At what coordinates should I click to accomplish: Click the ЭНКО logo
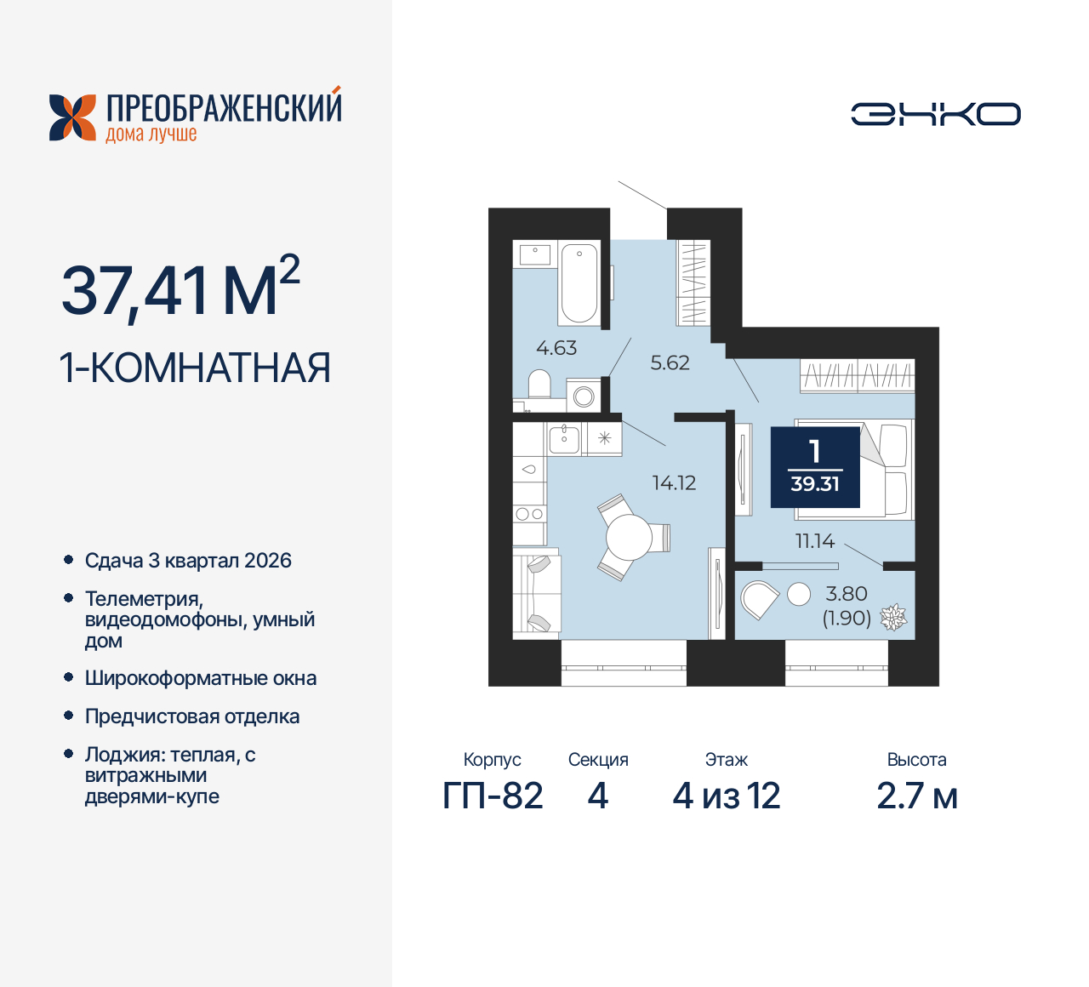pos(935,114)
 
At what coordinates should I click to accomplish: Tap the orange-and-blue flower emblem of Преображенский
pos(72,117)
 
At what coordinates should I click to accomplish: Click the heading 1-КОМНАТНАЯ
pos(195,368)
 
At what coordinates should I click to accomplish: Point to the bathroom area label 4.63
pos(556,348)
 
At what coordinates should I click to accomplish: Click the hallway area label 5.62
pos(670,363)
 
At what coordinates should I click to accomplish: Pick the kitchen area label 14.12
pos(674,483)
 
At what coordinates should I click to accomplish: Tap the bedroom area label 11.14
pos(814,541)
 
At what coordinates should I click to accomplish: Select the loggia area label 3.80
pos(846,594)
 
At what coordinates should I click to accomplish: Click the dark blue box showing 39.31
pos(815,467)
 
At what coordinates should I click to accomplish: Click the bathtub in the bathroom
pos(579,282)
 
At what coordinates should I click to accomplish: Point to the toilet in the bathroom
pos(539,384)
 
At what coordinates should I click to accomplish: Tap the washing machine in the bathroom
pos(584,397)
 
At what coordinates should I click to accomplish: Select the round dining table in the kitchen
pos(629,538)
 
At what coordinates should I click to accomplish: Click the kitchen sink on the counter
pos(563,439)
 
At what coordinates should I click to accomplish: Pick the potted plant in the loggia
pos(892,617)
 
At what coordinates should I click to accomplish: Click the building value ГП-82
pos(493,796)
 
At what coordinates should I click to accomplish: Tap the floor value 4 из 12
pos(726,796)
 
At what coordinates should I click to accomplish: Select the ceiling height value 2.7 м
pos(916,796)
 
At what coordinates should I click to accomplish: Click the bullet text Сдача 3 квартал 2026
pos(188,561)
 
